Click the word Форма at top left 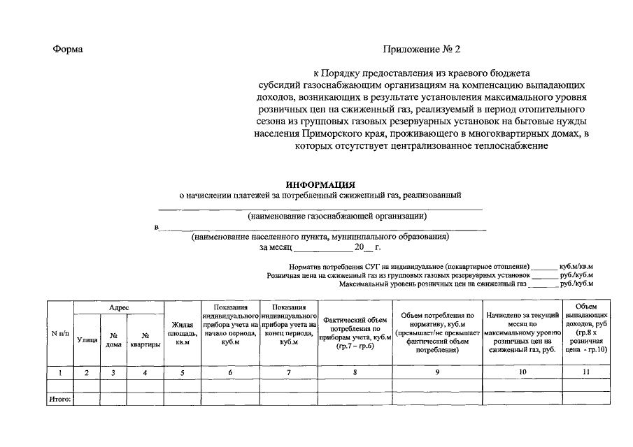[67, 50]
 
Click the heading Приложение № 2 [422, 50]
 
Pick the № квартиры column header [145, 339]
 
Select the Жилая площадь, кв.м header [182, 333]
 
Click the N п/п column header [60, 333]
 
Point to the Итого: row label [60, 399]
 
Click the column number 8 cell [355, 372]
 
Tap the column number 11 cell [586, 372]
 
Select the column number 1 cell [60, 372]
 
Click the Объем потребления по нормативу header [437, 333]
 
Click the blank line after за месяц [322, 247]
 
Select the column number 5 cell [182, 372]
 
